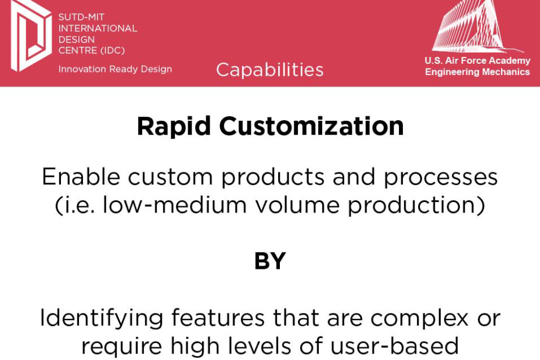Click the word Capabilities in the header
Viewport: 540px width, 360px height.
pos(269,70)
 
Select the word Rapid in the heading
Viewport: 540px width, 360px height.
pos(174,127)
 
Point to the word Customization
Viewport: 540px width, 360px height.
pos(311,126)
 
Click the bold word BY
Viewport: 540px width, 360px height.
pos(270,261)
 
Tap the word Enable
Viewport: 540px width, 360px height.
pos(81,177)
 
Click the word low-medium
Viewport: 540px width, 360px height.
pos(175,205)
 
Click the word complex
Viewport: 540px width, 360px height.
pos(419,318)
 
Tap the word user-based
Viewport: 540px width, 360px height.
pos(394,345)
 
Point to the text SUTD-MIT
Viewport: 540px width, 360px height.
pos(81,17)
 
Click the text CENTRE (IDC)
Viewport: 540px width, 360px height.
pos(92,51)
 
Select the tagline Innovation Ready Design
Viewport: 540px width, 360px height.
pos(115,69)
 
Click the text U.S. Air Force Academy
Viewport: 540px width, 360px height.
pos(477,60)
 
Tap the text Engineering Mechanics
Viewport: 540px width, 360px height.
pos(477,72)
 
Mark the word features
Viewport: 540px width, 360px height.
pos(218,318)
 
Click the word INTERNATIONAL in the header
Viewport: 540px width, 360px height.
pos(98,28)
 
